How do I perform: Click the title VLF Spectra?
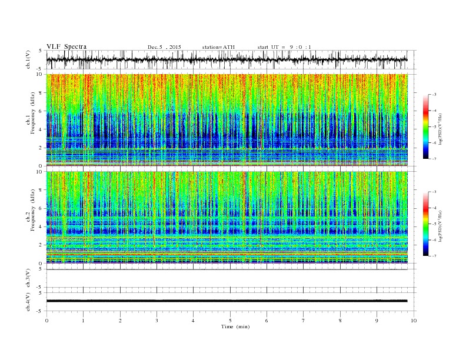point(66,47)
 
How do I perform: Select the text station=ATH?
point(218,47)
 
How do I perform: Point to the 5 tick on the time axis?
point(230,321)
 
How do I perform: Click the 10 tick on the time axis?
point(414,321)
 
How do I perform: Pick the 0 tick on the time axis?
point(46,321)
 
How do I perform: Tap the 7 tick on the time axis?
point(304,321)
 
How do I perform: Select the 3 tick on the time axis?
point(157,321)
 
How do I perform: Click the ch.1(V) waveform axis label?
point(28,59)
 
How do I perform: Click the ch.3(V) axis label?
point(28,278)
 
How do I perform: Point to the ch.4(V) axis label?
point(28,301)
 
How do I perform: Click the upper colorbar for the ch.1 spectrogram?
point(426,126)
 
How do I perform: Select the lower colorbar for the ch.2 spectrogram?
point(426,224)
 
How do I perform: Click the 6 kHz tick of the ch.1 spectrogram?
point(39,111)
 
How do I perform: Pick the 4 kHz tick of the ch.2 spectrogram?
point(39,227)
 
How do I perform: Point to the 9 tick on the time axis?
point(377,321)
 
